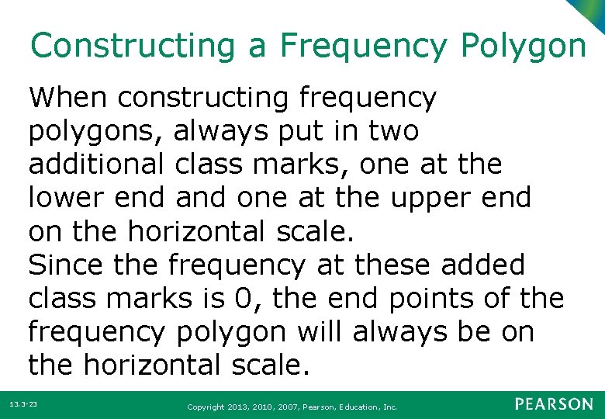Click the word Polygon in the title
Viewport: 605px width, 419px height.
523,46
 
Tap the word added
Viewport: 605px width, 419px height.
482,265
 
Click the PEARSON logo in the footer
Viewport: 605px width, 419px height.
555,404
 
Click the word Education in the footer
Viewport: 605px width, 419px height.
353,407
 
